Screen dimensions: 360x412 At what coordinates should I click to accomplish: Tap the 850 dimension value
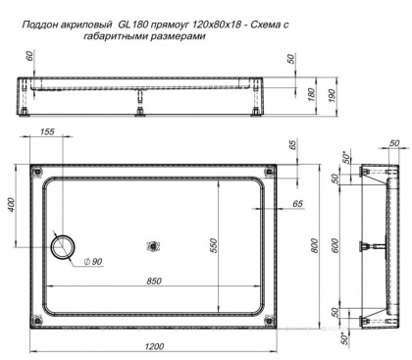[x=154, y=282]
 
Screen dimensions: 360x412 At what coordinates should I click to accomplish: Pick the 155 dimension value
[x=47, y=132]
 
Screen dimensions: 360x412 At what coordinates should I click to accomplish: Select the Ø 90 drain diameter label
[x=92, y=260]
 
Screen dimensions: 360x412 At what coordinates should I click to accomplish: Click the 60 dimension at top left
[x=30, y=57]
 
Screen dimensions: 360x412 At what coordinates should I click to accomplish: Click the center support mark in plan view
[x=152, y=245]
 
